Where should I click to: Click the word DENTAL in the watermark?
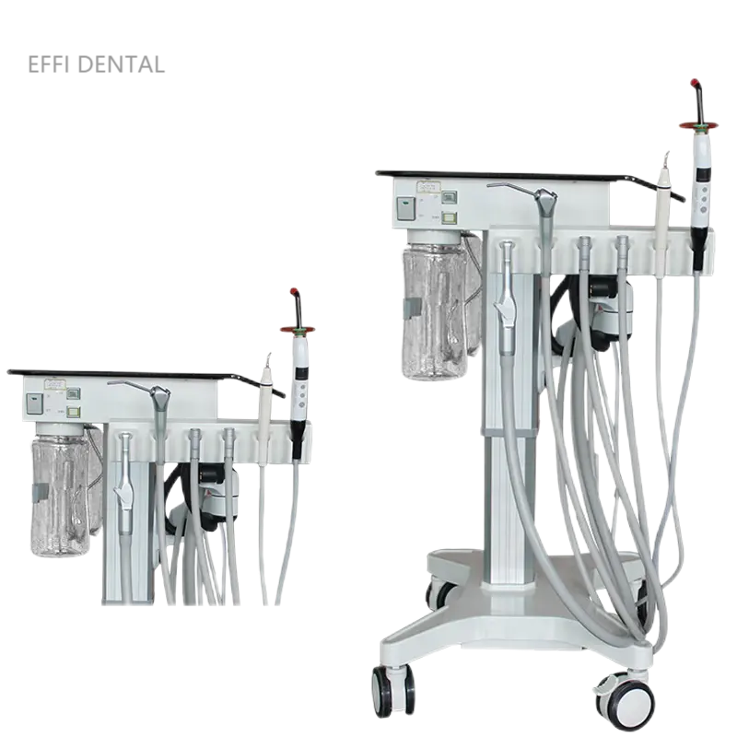click(x=122, y=64)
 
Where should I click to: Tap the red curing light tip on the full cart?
click(x=696, y=85)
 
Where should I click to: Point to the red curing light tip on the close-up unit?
click(x=295, y=291)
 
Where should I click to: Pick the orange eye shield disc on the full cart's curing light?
click(x=698, y=125)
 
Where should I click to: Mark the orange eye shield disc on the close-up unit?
click(x=298, y=330)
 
